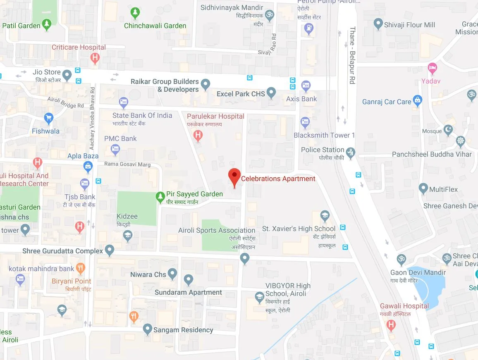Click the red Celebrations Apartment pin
click(234, 176)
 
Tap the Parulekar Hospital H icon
click(198, 134)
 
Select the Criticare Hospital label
click(79, 47)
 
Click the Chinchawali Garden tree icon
click(135, 13)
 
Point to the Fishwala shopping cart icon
click(48, 118)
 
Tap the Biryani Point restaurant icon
click(80, 268)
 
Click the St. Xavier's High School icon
click(325, 216)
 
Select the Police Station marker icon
click(350, 152)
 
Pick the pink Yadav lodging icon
click(433, 67)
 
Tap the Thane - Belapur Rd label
click(352, 56)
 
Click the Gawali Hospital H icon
click(391, 325)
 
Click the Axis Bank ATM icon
click(306, 86)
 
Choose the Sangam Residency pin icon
click(147, 329)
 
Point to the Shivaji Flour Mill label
click(409, 25)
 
